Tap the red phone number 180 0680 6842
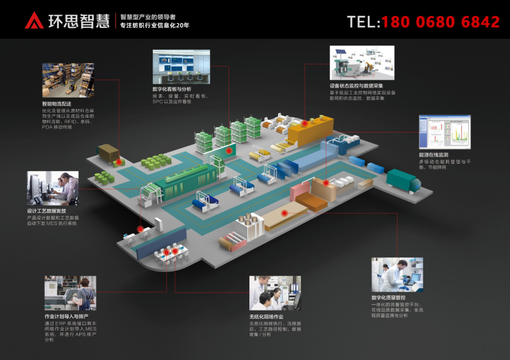pyautogui.click(x=440, y=22)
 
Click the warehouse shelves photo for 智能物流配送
pyautogui.click(x=68, y=80)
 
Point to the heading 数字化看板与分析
pyautogui.click(x=172, y=89)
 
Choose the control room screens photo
pyautogui.click(x=181, y=67)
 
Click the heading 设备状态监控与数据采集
pyautogui.click(x=356, y=86)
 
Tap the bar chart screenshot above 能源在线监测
pyautogui.click(x=445, y=132)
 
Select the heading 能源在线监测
pyautogui.click(x=433, y=155)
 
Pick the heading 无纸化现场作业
pyautogui.click(x=266, y=316)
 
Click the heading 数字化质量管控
pyautogui.click(x=388, y=298)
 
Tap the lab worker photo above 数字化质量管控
pyautogui.click(x=397, y=275)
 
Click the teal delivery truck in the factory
pyautogui.click(x=403, y=181)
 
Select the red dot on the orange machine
pyautogui.click(x=305, y=123)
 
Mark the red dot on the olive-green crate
pyautogui.click(x=119, y=162)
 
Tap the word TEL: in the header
pyautogui.click(x=363, y=22)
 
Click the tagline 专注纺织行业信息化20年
pyautogui.click(x=155, y=25)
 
